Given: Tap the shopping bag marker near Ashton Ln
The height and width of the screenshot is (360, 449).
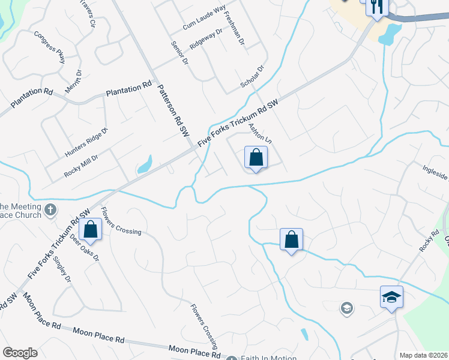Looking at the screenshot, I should point(256,158).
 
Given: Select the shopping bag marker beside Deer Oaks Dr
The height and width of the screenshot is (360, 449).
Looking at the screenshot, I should point(90,230).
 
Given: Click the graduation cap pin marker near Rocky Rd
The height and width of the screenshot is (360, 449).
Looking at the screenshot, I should point(391,297).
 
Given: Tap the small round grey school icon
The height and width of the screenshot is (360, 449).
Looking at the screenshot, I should point(346,308).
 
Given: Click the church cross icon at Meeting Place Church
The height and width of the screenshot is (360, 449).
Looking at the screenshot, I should point(51,211).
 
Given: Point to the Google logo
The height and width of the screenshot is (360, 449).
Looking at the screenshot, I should point(20,353).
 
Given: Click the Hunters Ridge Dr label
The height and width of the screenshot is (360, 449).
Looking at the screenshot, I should point(86,143).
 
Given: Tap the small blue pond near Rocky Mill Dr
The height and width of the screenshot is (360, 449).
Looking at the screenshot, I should point(144,164).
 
